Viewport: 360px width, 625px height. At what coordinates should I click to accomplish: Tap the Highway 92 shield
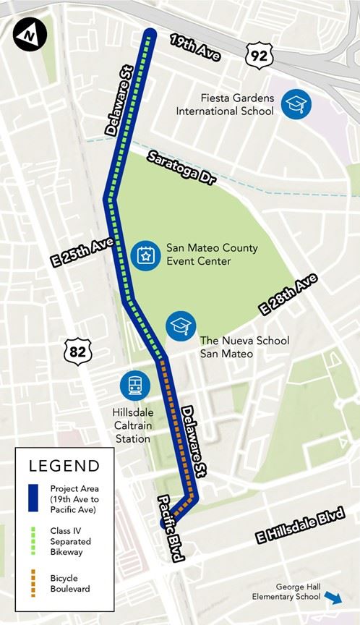[258, 54]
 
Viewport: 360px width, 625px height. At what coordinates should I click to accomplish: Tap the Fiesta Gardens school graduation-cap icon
[296, 103]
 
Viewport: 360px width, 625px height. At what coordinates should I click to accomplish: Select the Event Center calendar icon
[145, 255]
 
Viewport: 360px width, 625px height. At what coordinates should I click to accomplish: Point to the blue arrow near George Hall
[333, 598]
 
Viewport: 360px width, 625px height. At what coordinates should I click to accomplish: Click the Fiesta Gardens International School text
[225, 104]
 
